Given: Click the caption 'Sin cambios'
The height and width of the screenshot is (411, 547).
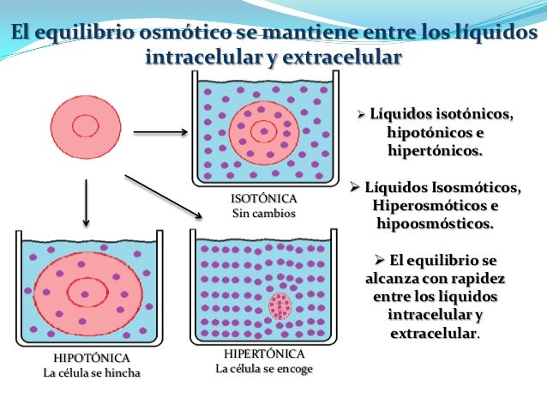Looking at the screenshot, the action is coord(263,213).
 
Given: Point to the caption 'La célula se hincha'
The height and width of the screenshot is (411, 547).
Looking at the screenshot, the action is coord(92,372).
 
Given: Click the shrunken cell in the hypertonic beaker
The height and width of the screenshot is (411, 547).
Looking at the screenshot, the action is coord(280,305).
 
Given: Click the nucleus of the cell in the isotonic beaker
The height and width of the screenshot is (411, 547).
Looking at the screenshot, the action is coord(264,131).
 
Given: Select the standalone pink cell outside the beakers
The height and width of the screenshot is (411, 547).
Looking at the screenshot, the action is coord(85,125).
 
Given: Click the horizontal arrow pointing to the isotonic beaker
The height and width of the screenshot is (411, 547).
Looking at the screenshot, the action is coord(161,133).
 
